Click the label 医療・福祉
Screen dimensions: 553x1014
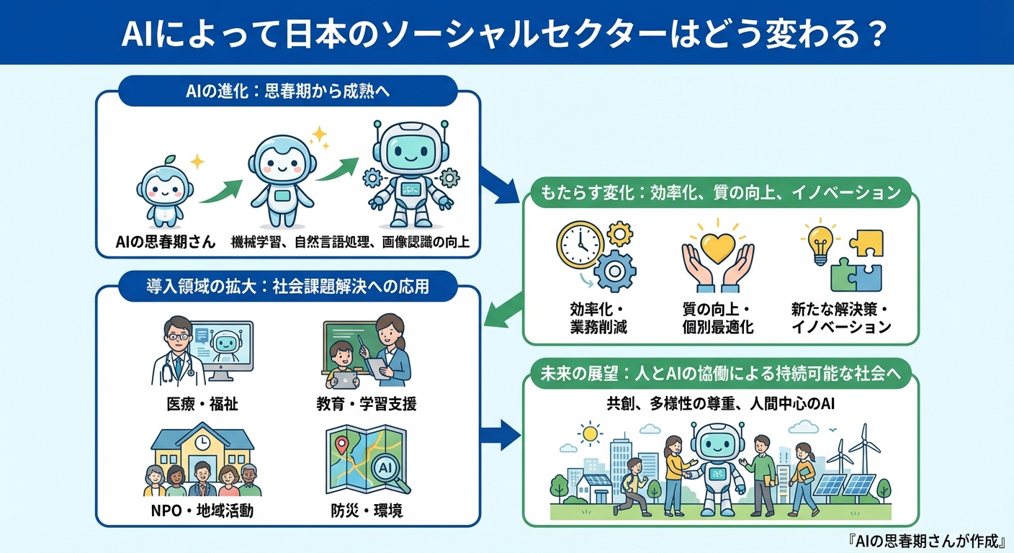202,404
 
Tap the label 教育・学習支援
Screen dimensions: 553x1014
367,404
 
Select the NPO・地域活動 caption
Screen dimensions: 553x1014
202,511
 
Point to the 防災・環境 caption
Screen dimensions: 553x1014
367,511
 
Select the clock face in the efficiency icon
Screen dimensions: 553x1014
580,243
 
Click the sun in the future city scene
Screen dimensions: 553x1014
591,433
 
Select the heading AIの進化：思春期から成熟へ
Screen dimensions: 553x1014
287,91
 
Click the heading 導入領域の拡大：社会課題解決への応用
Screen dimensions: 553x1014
288,287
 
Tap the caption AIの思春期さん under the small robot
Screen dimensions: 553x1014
166,242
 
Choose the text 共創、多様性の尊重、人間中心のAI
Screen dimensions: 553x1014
720,404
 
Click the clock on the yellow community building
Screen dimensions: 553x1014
202,441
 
